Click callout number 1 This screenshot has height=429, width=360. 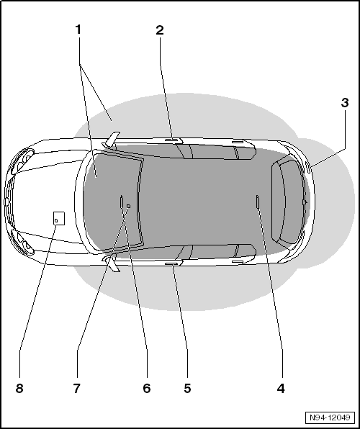tap(78, 30)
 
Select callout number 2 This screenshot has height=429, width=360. tap(160, 30)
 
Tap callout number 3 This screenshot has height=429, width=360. tap(345, 103)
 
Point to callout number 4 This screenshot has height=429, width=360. tap(281, 388)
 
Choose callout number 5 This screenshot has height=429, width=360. tap(187, 388)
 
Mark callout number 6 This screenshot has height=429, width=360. tap(147, 388)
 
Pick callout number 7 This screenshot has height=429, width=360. tap(77, 388)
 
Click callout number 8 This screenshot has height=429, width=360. tap(19, 388)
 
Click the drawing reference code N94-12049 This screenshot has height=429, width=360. tap(330, 417)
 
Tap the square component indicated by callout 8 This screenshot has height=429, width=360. tap(59, 218)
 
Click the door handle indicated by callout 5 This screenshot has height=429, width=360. tap(171, 263)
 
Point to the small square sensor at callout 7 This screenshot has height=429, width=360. tap(128, 206)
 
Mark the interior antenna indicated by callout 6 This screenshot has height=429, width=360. tap(121, 202)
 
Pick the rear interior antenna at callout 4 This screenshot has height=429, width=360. tap(257, 202)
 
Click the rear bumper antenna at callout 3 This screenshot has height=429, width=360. tap(307, 167)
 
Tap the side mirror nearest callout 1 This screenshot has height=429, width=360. tap(112, 140)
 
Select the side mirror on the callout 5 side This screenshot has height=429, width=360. tap(112, 263)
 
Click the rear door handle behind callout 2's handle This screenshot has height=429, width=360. tap(238, 142)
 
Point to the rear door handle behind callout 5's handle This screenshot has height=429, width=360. tap(238, 261)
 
